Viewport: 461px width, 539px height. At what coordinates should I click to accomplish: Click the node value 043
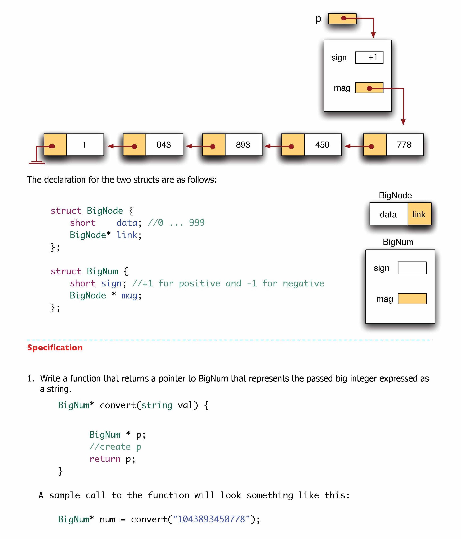point(164,145)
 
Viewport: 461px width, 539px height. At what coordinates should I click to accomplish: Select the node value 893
point(243,145)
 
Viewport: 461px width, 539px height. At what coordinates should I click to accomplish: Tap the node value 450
point(322,145)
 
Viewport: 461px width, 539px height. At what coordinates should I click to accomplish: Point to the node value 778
point(404,145)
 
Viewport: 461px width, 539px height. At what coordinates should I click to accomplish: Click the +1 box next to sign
point(369,57)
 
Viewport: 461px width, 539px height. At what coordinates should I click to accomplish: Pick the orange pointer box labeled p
point(342,19)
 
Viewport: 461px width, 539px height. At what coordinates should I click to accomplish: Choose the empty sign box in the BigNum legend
point(412,268)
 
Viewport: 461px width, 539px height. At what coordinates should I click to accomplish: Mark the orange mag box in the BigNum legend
point(412,299)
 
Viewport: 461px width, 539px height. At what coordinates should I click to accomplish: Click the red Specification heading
point(55,348)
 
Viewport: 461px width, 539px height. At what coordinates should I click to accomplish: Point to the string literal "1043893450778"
point(211,519)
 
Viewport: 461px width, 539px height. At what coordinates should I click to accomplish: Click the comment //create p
point(115,447)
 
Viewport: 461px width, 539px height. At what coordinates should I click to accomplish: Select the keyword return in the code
point(105,459)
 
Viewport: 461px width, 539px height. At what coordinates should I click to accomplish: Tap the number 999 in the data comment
point(197,223)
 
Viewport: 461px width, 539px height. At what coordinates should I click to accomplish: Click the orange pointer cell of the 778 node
point(375,145)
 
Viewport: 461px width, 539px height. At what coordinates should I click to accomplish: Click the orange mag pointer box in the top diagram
point(369,88)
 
